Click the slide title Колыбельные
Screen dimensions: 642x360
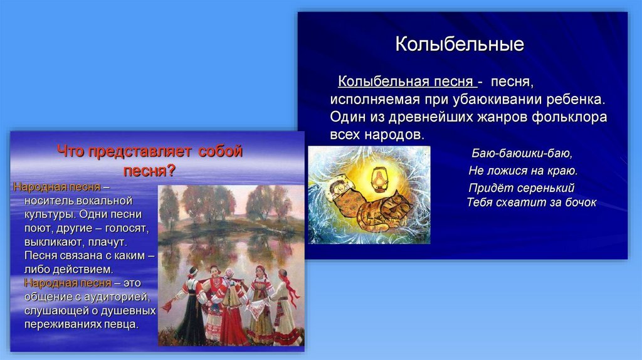point(460,45)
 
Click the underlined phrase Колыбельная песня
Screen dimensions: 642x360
point(406,82)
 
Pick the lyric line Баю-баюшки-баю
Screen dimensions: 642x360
point(522,153)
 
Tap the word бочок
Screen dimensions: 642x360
point(581,203)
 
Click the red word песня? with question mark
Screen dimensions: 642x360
point(149,171)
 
